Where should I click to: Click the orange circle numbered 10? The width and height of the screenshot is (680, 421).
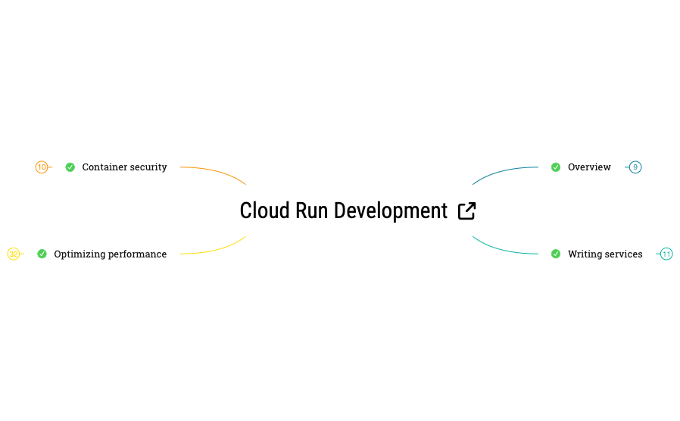[42, 167]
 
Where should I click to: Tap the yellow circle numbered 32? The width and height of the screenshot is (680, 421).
[14, 254]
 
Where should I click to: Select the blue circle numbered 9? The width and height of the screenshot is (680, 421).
[635, 167]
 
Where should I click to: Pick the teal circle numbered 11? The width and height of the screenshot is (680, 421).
[666, 254]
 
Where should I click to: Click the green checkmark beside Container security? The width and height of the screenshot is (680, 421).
[70, 167]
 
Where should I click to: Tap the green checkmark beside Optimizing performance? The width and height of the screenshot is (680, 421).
[42, 254]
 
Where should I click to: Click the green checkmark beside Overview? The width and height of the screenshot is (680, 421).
[556, 167]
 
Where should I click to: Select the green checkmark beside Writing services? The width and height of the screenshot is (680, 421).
[556, 254]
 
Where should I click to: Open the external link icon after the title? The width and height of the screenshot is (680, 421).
[467, 210]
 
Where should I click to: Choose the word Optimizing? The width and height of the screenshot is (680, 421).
[79, 254]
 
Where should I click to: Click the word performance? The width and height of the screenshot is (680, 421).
[137, 254]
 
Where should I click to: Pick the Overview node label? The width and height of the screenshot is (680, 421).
[589, 167]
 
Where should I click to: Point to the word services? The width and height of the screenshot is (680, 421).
[625, 254]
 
